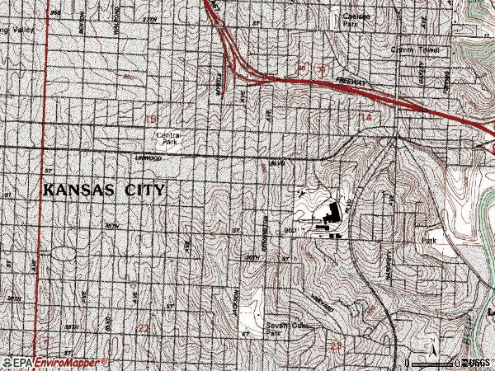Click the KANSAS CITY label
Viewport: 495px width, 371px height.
coord(104,190)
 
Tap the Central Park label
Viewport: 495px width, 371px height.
coord(168,139)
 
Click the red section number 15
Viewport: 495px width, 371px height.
coord(149,121)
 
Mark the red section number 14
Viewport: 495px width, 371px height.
coord(365,120)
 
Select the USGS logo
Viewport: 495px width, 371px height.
coord(476,363)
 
